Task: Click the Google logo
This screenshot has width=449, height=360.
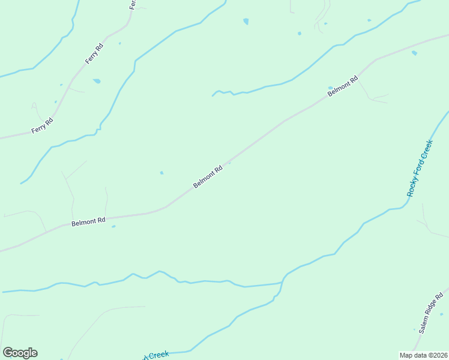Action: [20, 353]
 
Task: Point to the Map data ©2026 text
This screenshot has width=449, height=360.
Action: [423, 355]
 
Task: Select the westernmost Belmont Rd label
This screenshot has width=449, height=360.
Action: [88, 222]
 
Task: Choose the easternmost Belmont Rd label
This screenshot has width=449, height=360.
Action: [343, 85]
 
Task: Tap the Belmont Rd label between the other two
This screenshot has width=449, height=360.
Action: [208, 176]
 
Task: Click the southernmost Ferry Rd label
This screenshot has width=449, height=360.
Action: [42, 126]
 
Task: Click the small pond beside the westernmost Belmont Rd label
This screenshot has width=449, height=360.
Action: [113, 226]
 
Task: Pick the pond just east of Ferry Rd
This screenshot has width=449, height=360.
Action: [97, 80]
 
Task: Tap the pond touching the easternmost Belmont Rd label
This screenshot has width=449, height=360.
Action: [330, 88]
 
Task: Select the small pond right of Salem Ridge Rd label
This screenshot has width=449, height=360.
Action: [441, 313]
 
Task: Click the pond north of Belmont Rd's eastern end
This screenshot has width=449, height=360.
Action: [414, 53]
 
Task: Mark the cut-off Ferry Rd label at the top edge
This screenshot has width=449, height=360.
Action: [133, 4]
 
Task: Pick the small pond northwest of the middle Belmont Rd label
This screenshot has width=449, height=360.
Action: [161, 173]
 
